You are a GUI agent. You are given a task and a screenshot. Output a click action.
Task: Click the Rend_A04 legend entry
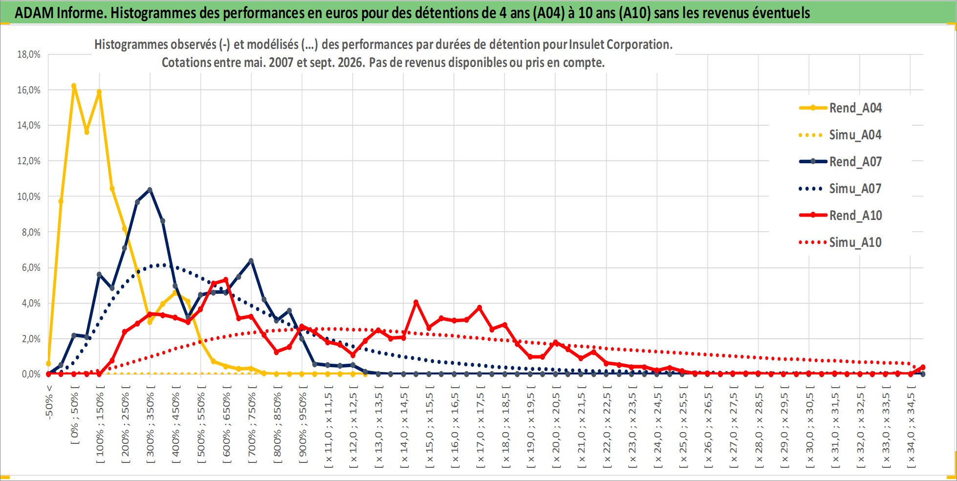pos(840,108)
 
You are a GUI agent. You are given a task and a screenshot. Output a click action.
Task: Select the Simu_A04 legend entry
pos(840,134)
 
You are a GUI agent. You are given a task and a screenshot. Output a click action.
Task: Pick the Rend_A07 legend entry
pos(840,161)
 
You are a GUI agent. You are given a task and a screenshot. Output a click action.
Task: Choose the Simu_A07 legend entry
pos(840,188)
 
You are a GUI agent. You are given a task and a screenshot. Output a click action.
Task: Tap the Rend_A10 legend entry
pos(840,215)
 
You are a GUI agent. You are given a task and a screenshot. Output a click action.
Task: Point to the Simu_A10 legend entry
pos(840,242)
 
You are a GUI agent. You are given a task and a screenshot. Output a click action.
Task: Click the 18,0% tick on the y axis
pos(29,54)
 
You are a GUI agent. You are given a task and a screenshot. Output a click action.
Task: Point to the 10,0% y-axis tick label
pos(29,197)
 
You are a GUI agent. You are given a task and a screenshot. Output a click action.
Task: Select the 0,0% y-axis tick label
pos(31,374)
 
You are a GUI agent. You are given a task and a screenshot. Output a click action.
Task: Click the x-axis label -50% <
pos(49,402)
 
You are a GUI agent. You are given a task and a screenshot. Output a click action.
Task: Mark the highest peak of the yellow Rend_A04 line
pos(74,86)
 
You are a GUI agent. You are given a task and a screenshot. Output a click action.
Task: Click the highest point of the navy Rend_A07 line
pos(150,190)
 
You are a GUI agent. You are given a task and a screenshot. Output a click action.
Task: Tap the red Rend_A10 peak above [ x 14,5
pos(416,303)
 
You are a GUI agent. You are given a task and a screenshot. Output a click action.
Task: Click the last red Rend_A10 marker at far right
pos(923,367)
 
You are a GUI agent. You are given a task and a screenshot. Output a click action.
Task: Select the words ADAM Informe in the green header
pos(61,13)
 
